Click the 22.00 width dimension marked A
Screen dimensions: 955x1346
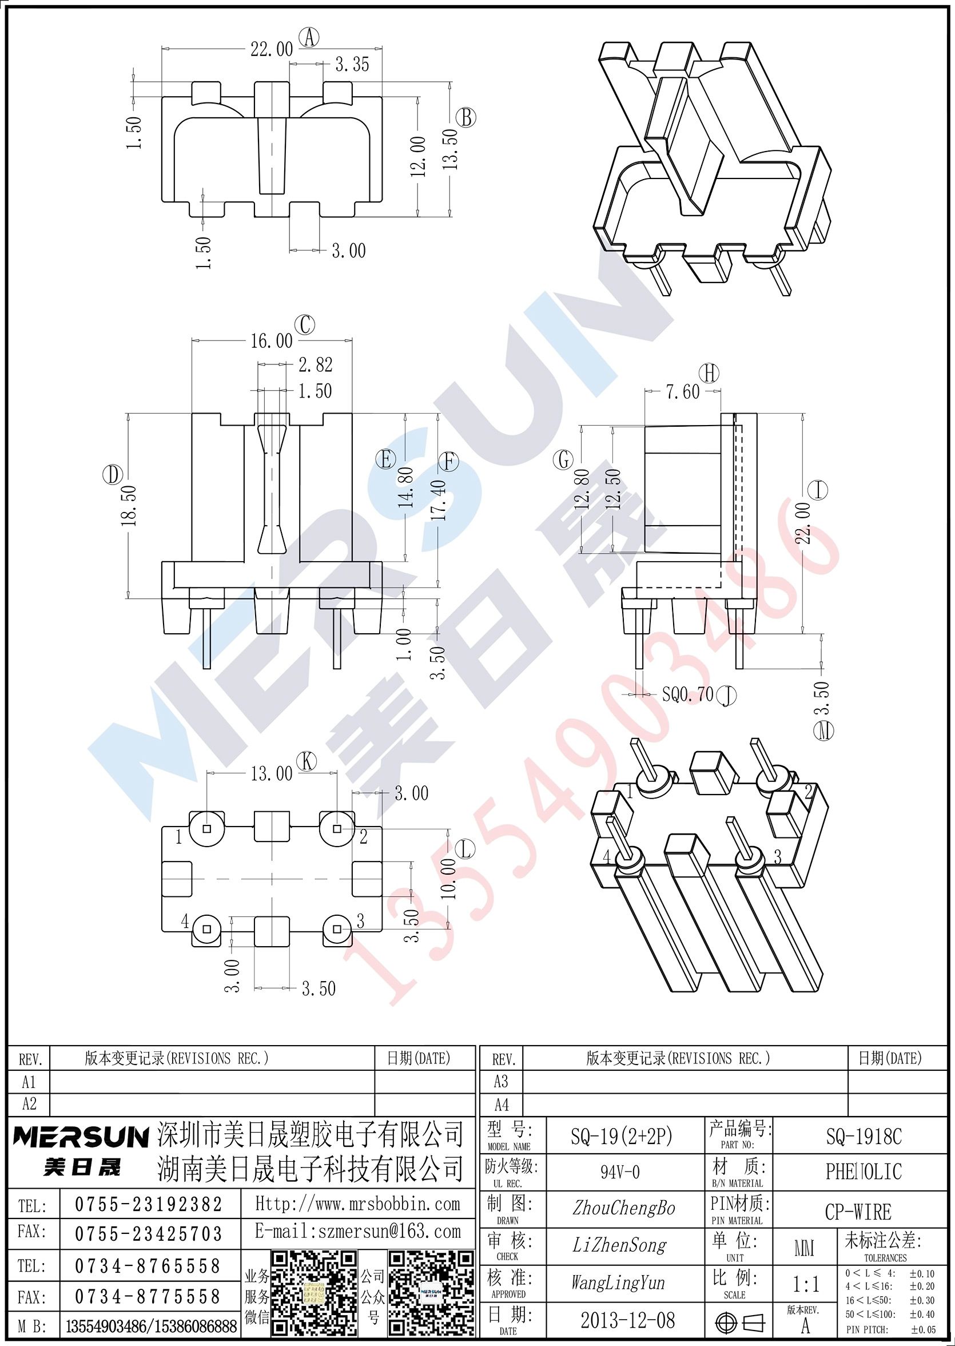pyautogui.click(x=271, y=49)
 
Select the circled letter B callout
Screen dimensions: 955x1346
pyautogui.click(x=466, y=118)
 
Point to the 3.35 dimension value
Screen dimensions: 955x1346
pyautogui.click(x=352, y=64)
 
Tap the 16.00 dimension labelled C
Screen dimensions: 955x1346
pyautogui.click(x=271, y=340)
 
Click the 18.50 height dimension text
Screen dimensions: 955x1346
pyautogui.click(x=129, y=505)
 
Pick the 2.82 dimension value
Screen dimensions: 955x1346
pyautogui.click(x=316, y=365)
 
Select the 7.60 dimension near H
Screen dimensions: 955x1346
pyautogui.click(x=683, y=391)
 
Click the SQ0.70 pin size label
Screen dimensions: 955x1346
pyautogui.click(x=687, y=694)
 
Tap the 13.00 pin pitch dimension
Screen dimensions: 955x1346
pyautogui.click(x=271, y=773)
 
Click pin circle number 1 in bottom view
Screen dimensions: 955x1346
pyautogui.click(x=206, y=829)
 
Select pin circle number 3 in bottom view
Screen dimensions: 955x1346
pyautogui.click(x=337, y=929)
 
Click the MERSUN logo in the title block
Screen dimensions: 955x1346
pyautogui.click(x=81, y=1136)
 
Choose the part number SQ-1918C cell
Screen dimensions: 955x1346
pyautogui.click(x=864, y=1137)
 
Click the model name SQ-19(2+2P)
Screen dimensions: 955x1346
pyautogui.click(x=622, y=1137)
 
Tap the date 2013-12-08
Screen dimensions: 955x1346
pyautogui.click(x=627, y=1321)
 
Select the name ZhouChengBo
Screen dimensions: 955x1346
pyautogui.click(x=623, y=1208)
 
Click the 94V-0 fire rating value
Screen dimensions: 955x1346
pyautogui.click(x=620, y=1172)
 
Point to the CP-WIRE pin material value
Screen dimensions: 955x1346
pyautogui.click(x=858, y=1212)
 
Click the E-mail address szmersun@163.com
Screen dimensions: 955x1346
pyautogui.click(x=358, y=1230)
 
